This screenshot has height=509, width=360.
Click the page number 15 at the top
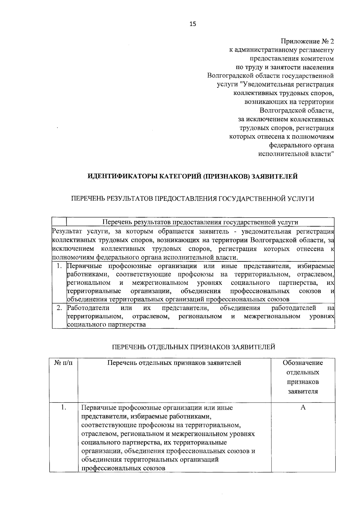coord(193,24)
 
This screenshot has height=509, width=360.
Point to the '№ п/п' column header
coord(64,363)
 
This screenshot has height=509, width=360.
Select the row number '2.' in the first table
coord(59,308)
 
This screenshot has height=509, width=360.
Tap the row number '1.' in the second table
coord(63,408)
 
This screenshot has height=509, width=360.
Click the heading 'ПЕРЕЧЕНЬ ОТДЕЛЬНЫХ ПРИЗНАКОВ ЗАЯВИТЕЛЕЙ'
coord(193,347)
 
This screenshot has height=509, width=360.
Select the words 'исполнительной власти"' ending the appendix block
coord(296,154)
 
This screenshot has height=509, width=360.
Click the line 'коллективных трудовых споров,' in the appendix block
coord(283,93)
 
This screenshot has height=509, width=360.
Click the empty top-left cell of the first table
coord(59,222)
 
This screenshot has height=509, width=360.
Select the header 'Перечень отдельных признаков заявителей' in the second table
coord(174,363)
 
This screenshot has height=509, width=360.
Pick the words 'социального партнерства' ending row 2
coord(106,325)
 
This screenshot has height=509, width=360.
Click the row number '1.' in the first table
coord(59,266)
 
